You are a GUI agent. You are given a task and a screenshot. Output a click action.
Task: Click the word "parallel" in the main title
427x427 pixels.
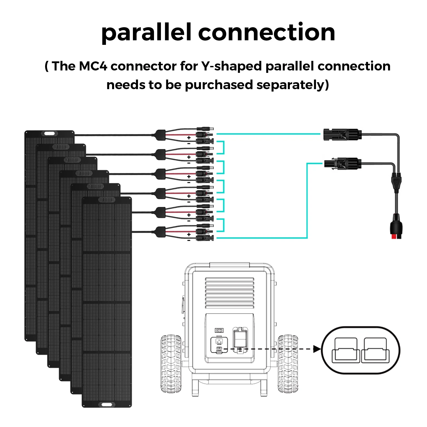point(147,33)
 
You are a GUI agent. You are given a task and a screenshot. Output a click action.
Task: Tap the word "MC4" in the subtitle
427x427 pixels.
point(93,66)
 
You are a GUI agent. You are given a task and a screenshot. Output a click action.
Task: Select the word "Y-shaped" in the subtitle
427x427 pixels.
point(232,66)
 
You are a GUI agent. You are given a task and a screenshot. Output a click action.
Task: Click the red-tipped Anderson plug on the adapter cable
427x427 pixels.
point(396,230)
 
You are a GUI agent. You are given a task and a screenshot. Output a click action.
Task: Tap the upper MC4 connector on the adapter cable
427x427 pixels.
point(342,134)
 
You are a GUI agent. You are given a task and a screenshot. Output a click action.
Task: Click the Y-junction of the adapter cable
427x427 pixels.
point(396,181)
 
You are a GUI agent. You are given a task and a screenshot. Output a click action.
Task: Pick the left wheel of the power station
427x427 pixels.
point(171,363)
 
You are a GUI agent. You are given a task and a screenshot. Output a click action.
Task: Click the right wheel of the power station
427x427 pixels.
point(288,363)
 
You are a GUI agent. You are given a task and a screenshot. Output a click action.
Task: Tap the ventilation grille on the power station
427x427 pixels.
point(230,293)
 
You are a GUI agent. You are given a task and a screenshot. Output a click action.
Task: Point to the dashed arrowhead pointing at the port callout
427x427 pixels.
point(317,349)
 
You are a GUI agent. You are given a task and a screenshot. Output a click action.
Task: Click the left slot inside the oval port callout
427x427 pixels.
point(346,350)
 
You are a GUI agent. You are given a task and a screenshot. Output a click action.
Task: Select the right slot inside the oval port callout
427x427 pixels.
point(375,350)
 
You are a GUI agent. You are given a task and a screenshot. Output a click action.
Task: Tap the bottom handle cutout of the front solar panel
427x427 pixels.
point(107,405)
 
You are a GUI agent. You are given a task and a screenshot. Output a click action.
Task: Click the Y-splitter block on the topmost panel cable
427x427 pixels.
point(160,135)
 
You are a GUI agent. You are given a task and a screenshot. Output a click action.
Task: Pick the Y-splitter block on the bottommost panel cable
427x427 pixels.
point(160,232)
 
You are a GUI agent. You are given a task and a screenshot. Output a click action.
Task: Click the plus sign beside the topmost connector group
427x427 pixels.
point(189,138)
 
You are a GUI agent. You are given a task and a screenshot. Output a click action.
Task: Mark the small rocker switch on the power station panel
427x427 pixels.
point(219,330)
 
